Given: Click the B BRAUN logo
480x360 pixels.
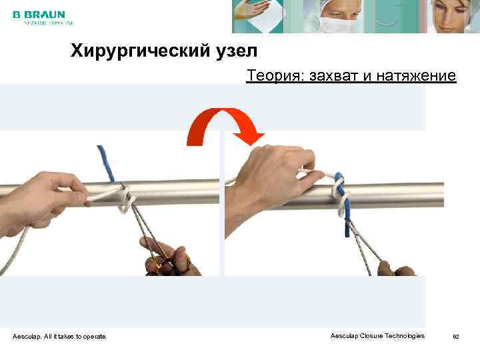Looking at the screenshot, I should click(39, 14).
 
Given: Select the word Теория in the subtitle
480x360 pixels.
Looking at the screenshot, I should click(271, 76).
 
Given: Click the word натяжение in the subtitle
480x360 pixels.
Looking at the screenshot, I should click(416, 76).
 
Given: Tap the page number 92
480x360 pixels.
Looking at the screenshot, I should click(456, 337).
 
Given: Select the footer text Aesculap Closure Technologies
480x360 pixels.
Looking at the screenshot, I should click(377, 336).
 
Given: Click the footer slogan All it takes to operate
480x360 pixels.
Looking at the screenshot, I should click(79, 337).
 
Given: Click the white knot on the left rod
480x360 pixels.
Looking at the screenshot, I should click(125, 200).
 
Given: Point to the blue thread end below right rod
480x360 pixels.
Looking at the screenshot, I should click(347, 227).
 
